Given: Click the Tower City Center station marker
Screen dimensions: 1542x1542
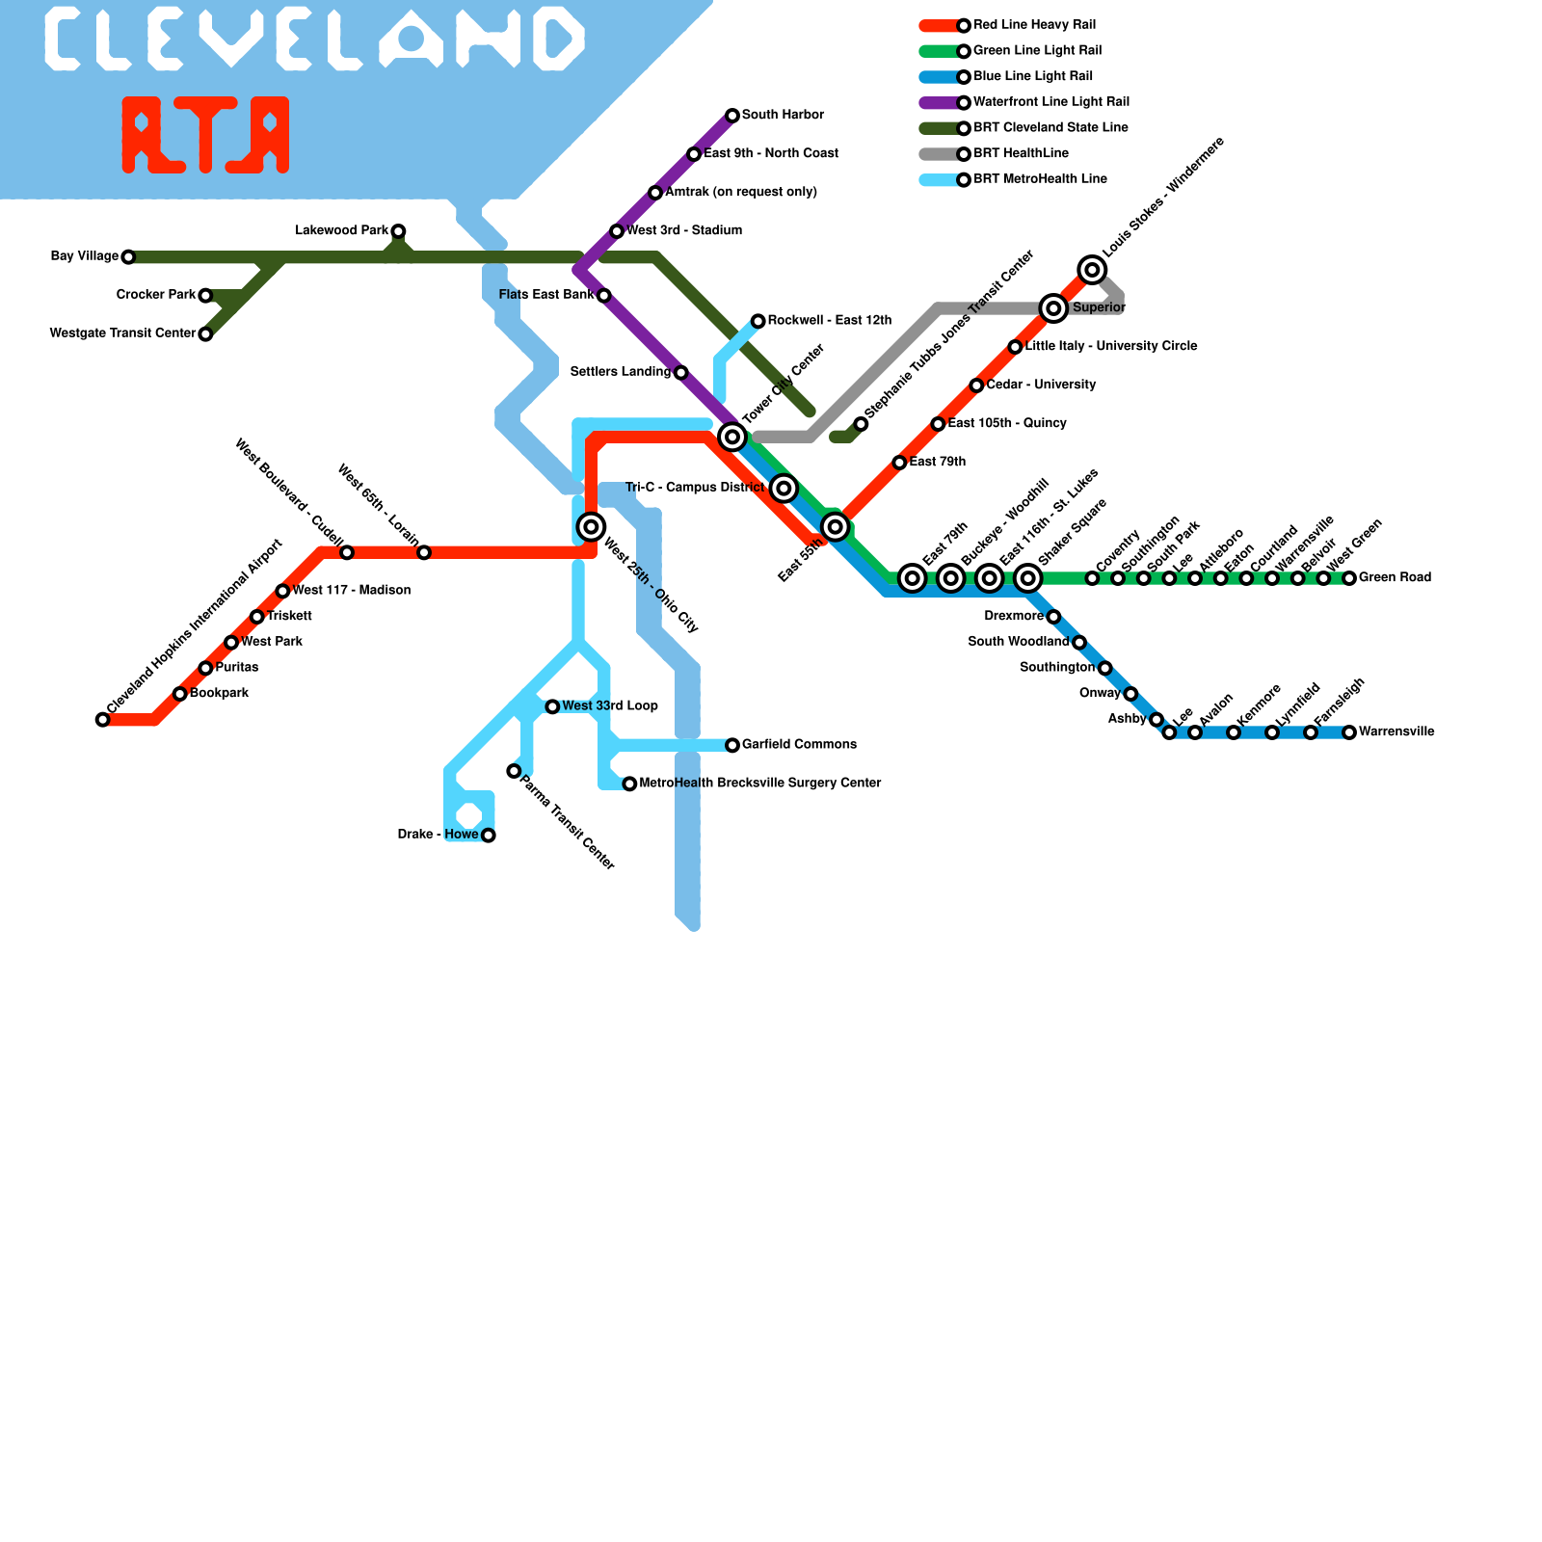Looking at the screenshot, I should point(732,437).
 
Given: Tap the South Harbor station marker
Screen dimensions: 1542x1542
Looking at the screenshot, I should point(732,116).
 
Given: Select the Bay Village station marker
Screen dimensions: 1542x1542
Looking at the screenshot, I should point(128,256).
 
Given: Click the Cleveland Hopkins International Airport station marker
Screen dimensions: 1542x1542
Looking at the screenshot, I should point(102,719).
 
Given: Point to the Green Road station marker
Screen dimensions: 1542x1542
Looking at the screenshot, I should point(1349,578).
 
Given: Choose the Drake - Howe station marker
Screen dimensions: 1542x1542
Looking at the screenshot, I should point(489,835).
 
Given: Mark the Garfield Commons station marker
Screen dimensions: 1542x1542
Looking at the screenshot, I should point(732,745).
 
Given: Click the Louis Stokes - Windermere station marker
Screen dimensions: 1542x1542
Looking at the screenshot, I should point(1092,270).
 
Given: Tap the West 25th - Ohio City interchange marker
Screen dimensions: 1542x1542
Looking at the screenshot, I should point(592,526).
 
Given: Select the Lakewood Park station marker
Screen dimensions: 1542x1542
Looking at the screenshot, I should point(398,231).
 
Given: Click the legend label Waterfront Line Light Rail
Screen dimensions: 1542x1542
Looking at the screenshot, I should point(1051,102).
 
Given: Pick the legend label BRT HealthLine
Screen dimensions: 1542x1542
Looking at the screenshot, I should point(1021,153).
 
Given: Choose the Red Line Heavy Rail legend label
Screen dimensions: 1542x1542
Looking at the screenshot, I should point(1034,25).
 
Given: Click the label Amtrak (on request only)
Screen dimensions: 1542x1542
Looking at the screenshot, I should point(741,193).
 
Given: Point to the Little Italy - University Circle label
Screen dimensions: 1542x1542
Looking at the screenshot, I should point(1111,346).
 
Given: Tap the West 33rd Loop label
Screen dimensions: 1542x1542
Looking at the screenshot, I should point(610,706).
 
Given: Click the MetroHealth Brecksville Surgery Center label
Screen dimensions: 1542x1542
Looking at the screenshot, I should point(760,784).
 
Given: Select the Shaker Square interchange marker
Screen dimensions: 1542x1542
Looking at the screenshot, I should point(1028,578).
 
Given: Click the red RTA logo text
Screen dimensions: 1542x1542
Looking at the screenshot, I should point(205,135).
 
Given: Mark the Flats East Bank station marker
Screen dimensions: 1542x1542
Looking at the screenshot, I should point(603,295).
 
